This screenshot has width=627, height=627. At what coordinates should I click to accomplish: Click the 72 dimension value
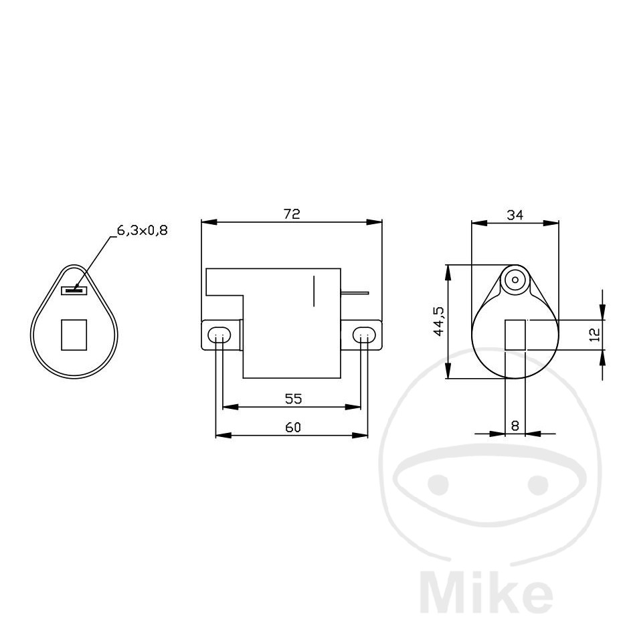pyautogui.click(x=292, y=214)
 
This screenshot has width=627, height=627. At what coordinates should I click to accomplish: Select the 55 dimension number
pyautogui.click(x=293, y=399)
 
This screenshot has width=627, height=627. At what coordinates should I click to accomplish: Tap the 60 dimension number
pyautogui.click(x=293, y=428)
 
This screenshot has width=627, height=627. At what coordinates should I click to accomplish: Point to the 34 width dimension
pyautogui.click(x=515, y=215)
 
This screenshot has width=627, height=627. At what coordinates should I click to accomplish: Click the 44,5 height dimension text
pyautogui.click(x=438, y=322)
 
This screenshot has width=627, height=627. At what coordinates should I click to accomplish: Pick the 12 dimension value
pyautogui.click(x=595, y=335)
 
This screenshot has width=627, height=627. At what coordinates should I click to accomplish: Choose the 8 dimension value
pyautogui.click(x=515, y=425)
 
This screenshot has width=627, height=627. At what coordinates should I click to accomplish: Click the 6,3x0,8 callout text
pyautogui.click(x=142, y=231)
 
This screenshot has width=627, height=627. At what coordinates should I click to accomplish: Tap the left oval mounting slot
pyautogui.click(x=219, y=335)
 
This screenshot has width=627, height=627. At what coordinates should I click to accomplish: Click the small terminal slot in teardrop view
pyautogui.click(x=74, y=290)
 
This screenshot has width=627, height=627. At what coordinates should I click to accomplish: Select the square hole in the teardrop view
pyautogui.click(x=74, y=335)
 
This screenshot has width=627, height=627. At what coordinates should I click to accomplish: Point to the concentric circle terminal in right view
pyautogui.click(x=515, y=280)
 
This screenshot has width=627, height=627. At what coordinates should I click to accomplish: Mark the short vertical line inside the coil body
pyautogui.click(x=314, y=290)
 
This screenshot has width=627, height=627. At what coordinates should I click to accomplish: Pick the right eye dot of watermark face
pyautogui.click(x=537, y=483)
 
